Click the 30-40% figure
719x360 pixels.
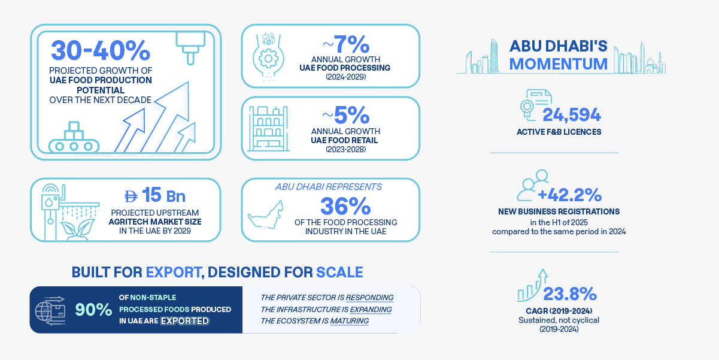[x=100, y=51]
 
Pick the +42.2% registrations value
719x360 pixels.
[x=569, y=195]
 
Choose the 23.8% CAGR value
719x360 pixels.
[x=569, y=294]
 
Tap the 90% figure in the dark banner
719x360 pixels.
[x=93, y=310]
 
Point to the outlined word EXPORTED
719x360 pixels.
[x=184, y=320]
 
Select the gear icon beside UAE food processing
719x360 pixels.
[x=266, y=59]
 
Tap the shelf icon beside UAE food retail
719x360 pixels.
[x=266, y=128]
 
